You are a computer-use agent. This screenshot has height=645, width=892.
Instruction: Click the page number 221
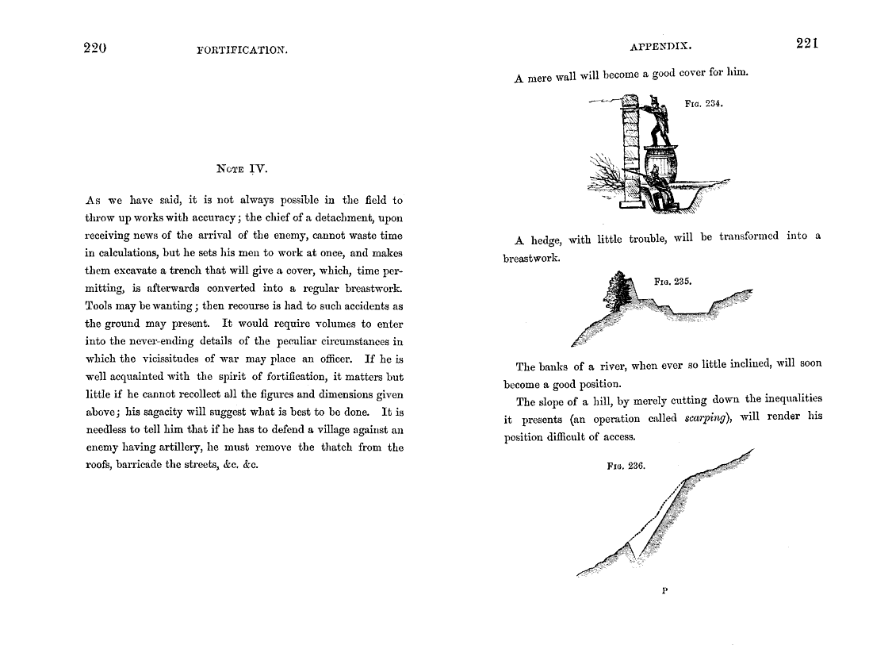[806, 44]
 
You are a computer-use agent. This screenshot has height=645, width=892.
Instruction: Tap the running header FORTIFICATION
[242, 50]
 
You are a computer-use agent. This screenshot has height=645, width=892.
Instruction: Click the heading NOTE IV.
[243, 168]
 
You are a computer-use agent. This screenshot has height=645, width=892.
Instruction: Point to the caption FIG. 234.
[703, 103]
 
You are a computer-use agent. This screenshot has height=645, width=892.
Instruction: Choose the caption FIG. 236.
[626, 466]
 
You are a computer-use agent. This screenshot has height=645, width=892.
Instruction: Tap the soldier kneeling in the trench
[657, 188]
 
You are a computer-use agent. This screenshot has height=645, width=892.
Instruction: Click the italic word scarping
[706, 419]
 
